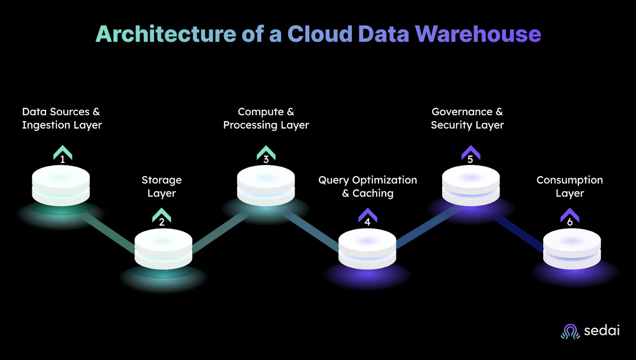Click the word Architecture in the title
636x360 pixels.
(166, 34)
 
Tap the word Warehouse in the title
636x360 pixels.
(478, 34)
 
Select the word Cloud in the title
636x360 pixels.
(320, 34)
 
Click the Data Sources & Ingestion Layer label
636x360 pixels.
(62, 118)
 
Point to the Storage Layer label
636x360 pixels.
(161, 186)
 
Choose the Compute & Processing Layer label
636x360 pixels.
(266, 118)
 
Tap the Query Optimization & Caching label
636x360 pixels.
(368, 186)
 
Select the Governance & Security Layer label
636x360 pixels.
(467, 118)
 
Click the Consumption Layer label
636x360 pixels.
(570, 186)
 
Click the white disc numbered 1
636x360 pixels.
(61, 186)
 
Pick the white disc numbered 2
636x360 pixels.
(163, 249)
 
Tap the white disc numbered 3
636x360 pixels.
(266, 186)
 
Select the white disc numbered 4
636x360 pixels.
(367, 249)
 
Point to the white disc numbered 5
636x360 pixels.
(471, 186)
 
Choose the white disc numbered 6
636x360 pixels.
(572, 249)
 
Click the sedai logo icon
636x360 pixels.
(570, 331)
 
